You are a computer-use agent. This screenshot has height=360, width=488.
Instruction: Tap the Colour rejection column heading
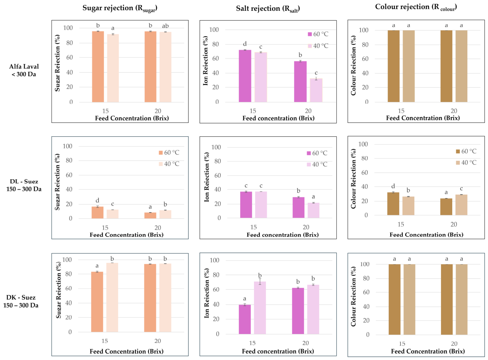pyautogui.click(x=416, y=7)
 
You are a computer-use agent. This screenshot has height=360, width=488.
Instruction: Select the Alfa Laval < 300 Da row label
pyautogui.click(x=24, y=70)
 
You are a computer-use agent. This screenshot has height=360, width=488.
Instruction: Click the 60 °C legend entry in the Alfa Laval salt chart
pyautogui.click(x=318, y=34)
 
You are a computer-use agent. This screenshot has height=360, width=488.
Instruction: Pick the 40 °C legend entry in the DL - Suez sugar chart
pyautogui.click(x=169, y=164)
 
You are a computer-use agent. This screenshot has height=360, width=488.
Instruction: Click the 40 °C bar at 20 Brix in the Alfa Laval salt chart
pyautogui.click(x=316, y=90)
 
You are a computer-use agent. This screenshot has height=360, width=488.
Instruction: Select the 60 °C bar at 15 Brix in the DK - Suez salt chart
pyautogui.click(x=245, y=319)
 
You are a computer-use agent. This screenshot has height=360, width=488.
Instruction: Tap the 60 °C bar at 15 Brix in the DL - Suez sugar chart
pyautogui.click(x=98, y=213)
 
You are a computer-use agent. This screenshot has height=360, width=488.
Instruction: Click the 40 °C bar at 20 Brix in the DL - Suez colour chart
pyautogui.click(x=461, y=205)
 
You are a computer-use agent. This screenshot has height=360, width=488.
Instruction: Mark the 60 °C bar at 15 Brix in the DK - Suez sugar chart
pyautogui.click(x=97, y=302)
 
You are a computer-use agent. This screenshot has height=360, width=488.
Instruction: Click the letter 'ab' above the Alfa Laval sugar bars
pyautogui.click(x=165, y=26)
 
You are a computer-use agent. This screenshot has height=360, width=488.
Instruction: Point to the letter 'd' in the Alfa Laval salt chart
pyautogui.click(x=245, y=44)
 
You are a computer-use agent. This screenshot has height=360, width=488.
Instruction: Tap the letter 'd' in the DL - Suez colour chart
pyautogui.click(x=393, y=186)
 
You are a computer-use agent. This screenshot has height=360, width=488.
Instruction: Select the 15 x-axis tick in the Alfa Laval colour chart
pyautogui.click(x=401, y=111)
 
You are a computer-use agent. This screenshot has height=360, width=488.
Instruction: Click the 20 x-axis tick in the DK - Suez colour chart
pyautogui.click(x=454, y=344)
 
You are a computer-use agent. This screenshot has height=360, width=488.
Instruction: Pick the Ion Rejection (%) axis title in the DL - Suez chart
pyautogui.click(x=206, y=177)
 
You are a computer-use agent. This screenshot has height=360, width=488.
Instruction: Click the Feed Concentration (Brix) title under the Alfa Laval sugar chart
pyautogui.click(x=132, y=118)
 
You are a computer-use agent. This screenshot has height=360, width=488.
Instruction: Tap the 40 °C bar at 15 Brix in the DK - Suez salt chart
pyautogui.click(x=260, y=308)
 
